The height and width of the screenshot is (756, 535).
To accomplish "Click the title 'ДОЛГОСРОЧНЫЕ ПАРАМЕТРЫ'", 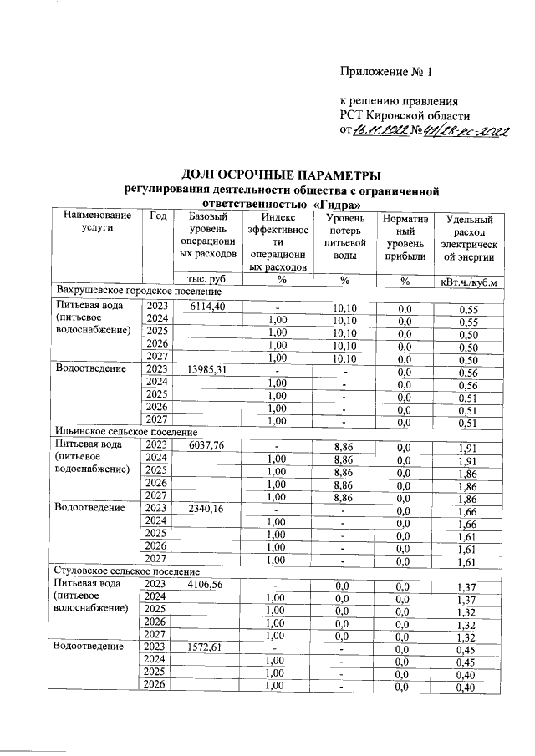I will pos(281,175).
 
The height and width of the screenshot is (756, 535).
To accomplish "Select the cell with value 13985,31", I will pos(203,368).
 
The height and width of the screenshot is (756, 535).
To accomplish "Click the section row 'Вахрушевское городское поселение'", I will pos(138,292).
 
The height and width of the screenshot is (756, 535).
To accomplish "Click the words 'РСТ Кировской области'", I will pos(405,114).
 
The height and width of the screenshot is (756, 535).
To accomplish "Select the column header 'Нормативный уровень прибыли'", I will pos(405,236).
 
